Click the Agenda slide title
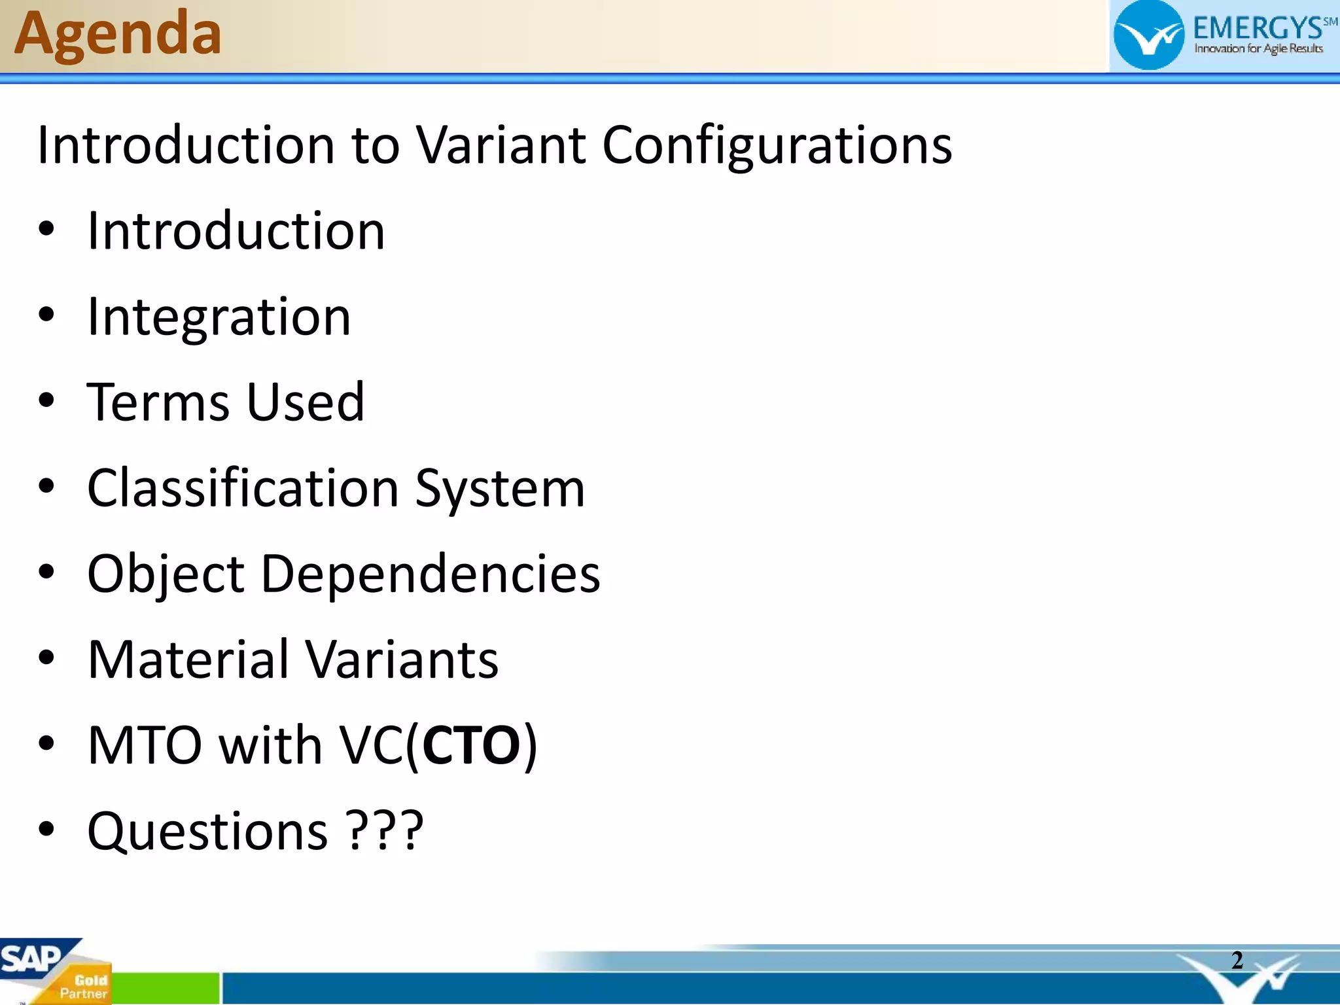pyautogui.click(x=118, y=34)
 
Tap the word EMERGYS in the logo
pyautogui.click(x=1257, y=28)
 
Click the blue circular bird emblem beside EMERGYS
pyautogui.click(x=1148, y=36)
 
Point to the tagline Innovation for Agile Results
pyautogui.click(x=1258, y=48)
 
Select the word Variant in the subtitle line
pyautogui.click(x=501, y=145)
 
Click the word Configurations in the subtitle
pyautogui.click(x=777, y=146)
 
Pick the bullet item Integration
pyautogui.click(x=219, y=317)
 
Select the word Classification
pyautogui.click(x=243, y=488)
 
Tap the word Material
pyautogui.click(x=188, y=660)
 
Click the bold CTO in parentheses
pyautogui.click(x=471, y=745)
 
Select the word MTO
pyautogui.click(x=145, y=745)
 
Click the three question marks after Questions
pyautogui.click(x=385, y=831)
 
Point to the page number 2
pyautogui.click(x=1237, y=960)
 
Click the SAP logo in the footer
pyautogui.click(x=29, y=959)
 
